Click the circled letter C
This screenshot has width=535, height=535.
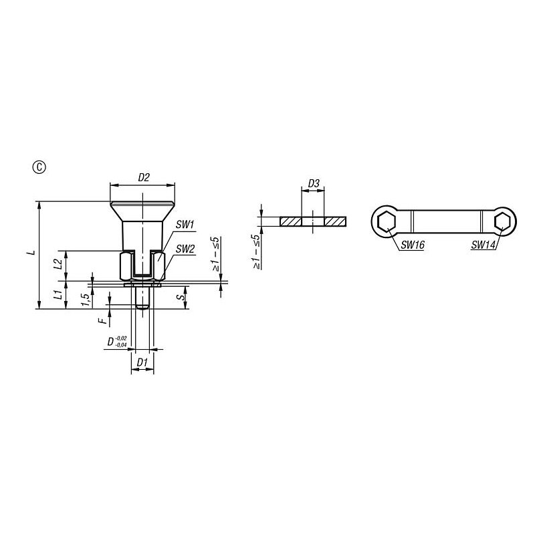coord(39,167)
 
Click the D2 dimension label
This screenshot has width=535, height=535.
coord(144,177)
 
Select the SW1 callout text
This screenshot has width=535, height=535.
coord(185,225)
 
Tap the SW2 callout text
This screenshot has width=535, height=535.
coord(185,249)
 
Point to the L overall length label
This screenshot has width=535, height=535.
coord(31,253)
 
